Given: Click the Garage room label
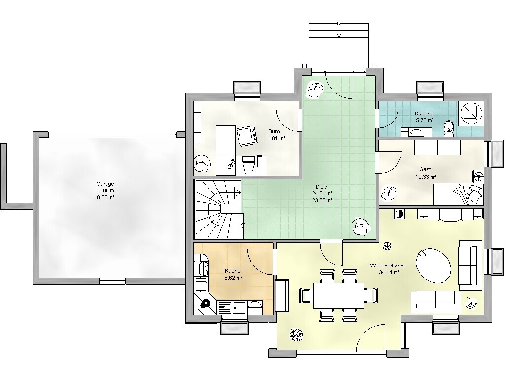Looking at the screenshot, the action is [x=106, y=184].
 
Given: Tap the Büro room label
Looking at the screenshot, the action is [x=274, y=131].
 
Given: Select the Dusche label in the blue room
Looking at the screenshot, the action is [x=424, y=114].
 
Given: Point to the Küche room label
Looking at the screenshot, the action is [x=233, y=271].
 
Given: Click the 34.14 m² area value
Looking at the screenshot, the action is [x=389, y=272].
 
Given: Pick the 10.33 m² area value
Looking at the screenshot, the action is [x=426, y=177].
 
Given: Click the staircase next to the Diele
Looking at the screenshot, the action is [x=218, y=209].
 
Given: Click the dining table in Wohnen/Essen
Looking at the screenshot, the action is [x=339, y=296].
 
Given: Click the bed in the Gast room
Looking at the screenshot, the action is [x=458, y=194].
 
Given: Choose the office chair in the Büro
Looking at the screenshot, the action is [x=247, y=136].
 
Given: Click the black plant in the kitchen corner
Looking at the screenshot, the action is [x=205, y=303].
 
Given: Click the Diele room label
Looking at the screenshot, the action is [x=322, y=187].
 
